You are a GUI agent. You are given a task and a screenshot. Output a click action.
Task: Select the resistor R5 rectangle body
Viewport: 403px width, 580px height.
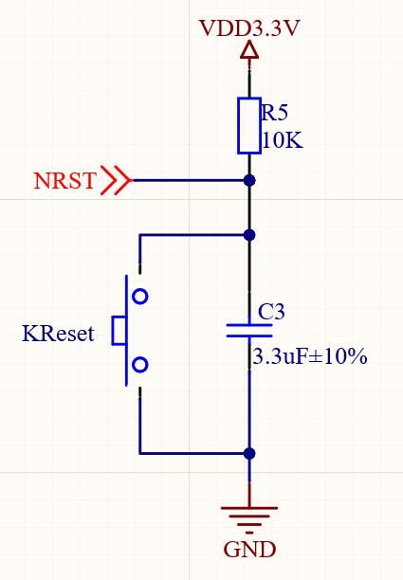[249, 124]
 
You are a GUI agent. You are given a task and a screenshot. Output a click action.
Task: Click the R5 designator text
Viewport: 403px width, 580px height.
[275, 113]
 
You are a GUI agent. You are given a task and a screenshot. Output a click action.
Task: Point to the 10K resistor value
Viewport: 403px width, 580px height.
[283, 140]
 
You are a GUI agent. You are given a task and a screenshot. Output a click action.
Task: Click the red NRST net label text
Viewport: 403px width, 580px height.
[64, 180]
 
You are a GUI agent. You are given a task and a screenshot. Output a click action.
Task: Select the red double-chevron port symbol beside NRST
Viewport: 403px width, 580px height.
[117, 180]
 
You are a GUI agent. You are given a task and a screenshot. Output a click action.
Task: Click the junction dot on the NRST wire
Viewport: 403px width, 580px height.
[249, 180]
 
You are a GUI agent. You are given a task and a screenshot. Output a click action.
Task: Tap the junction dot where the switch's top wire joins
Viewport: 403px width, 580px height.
[249, 234]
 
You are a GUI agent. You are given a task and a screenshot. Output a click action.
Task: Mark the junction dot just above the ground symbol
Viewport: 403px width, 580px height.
[249, 453]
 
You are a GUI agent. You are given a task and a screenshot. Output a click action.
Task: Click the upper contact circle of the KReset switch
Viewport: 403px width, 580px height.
[140, 297]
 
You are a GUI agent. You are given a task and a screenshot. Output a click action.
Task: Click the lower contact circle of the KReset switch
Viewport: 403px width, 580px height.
[140, 365]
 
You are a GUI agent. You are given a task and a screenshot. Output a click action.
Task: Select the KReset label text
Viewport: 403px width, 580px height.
[58, 334]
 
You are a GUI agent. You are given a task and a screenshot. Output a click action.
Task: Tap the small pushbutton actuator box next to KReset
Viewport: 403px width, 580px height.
[119, 331]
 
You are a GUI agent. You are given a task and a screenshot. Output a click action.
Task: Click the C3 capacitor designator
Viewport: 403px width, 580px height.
[271, 311]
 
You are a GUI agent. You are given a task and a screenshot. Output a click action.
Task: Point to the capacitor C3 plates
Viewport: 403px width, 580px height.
[249, 330]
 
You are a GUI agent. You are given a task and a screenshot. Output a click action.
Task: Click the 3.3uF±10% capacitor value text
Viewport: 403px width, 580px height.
[309, 357]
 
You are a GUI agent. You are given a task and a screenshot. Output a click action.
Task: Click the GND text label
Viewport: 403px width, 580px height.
[249, 550]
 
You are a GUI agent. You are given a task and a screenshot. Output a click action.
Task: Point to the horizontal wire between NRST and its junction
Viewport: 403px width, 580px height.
[190, 180]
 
